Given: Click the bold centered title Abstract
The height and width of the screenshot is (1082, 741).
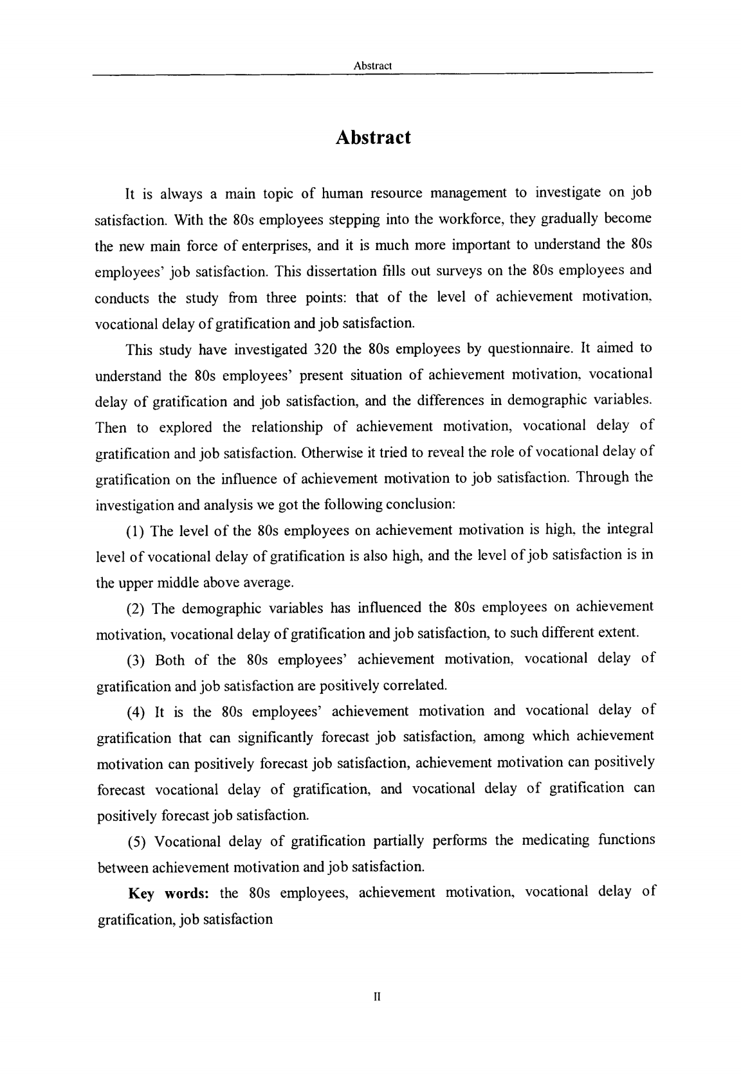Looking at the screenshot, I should click(x=372, y=138).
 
